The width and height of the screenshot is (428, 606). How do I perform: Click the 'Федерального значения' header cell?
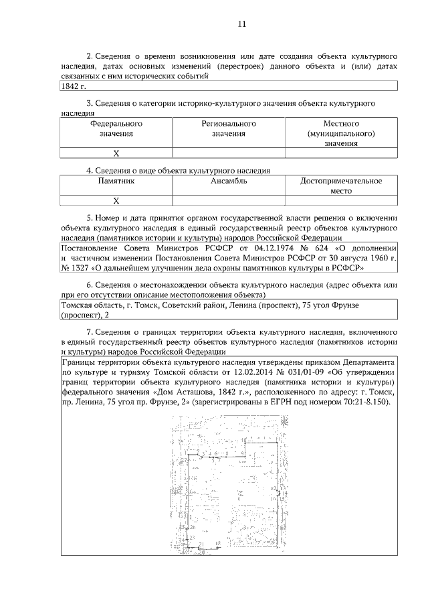point(116,129)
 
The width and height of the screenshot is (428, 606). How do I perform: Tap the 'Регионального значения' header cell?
point(229,129)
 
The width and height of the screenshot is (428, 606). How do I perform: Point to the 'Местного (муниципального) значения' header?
point(341,133)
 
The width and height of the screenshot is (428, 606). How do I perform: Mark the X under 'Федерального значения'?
point(116,153)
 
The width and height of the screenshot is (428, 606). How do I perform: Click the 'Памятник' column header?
point(116,181)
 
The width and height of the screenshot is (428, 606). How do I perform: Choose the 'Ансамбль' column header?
point(229,181)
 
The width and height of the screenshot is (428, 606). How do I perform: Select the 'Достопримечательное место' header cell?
point(341,185)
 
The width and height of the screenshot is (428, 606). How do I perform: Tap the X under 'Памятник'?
point(116,200)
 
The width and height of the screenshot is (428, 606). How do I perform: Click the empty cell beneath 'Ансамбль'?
point(229,200)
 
